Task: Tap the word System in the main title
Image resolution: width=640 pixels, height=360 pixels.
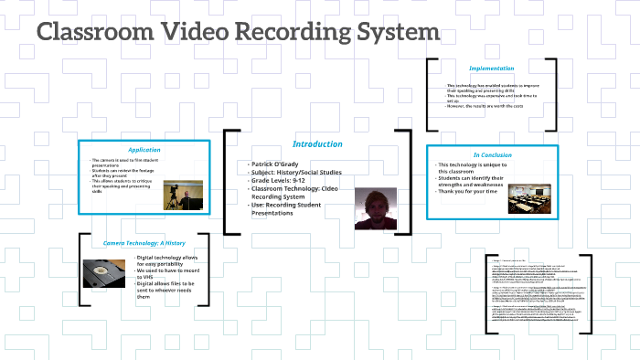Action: [x=397, y=33]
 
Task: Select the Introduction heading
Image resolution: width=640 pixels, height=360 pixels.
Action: [x=317, y=144]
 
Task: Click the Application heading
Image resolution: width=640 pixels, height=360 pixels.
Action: [x=144, y=150]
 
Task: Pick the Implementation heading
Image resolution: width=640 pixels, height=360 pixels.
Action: [x=491, y=69]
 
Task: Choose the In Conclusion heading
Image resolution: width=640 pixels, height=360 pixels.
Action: [x=491, y=155]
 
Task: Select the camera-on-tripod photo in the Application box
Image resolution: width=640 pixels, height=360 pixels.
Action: [x=183, y=196]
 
